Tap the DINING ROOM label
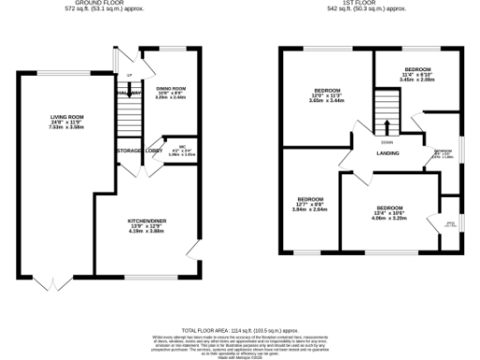[x=171, y=86]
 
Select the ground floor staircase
[x=129, y=116]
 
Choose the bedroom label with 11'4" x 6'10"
[x=417, y=70]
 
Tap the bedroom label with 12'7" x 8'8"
[x=310, y=200]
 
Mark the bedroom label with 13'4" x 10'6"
[x=389, y=206]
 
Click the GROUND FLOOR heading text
[x=110, y=4]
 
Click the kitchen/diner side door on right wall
[x=194, y=249]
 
